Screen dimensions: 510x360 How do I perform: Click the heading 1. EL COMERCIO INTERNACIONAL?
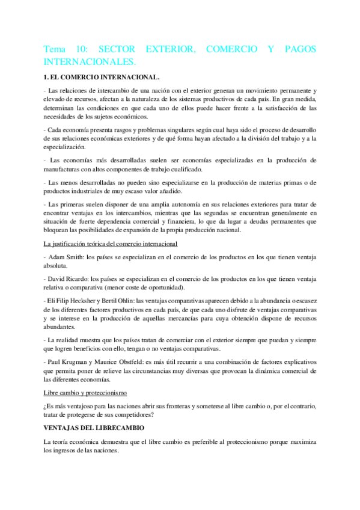point(102,76)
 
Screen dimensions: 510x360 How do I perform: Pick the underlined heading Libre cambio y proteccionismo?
point(85,392)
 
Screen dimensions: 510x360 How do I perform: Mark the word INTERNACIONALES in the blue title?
point(91,62)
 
